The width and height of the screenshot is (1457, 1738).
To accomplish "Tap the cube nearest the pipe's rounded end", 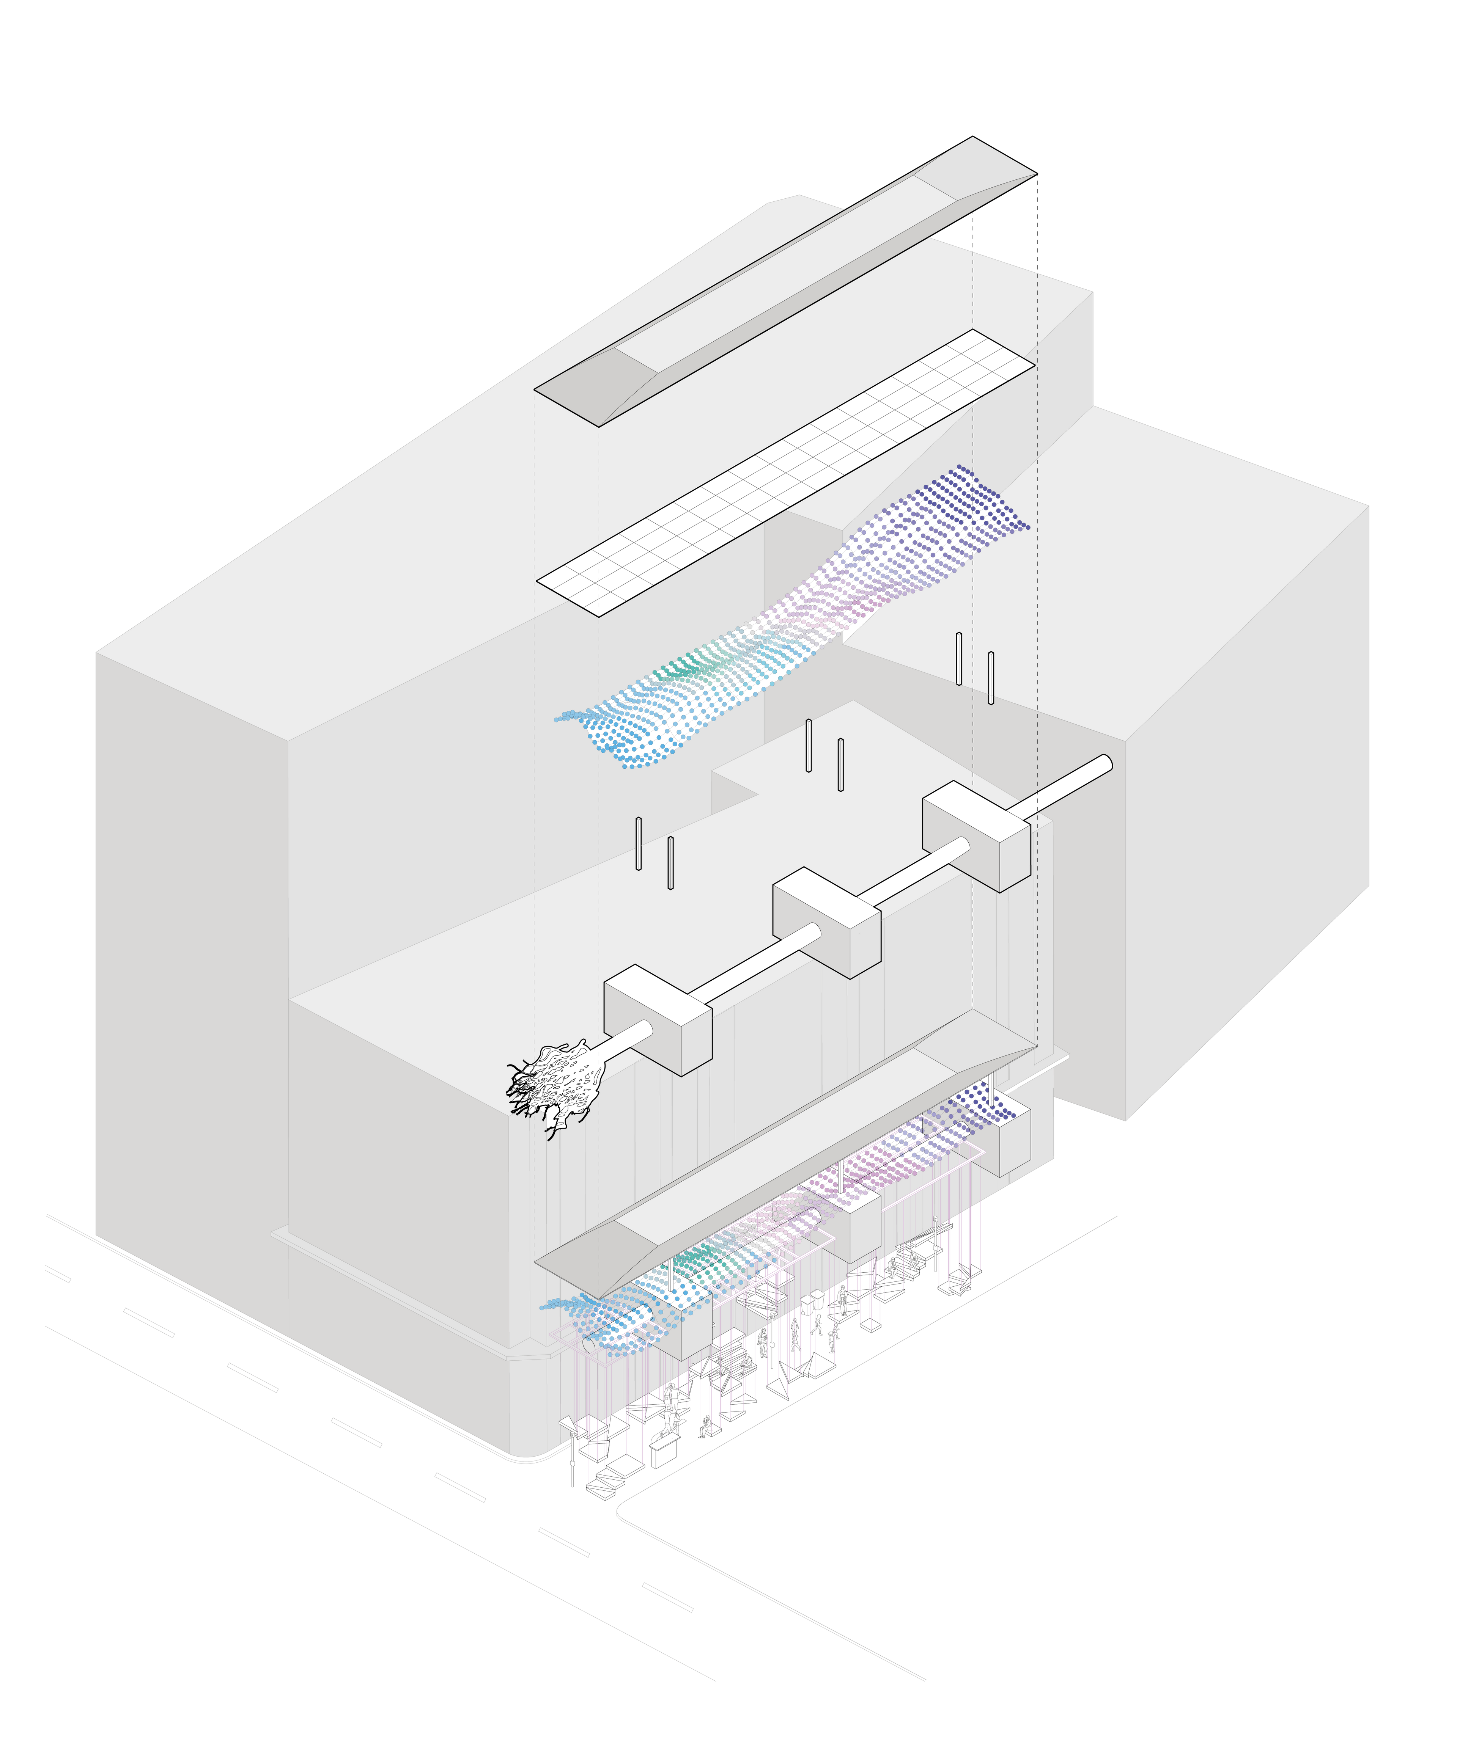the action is [x=977, y=836].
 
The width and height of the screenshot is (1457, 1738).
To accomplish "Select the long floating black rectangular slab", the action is [x=787, y=472].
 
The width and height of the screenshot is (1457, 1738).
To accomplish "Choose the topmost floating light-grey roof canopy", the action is [x=787, y=281].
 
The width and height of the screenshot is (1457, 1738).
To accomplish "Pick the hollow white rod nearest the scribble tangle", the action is [x=670, y=862].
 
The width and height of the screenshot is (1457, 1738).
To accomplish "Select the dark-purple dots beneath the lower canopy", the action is [x=985, y=1109].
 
